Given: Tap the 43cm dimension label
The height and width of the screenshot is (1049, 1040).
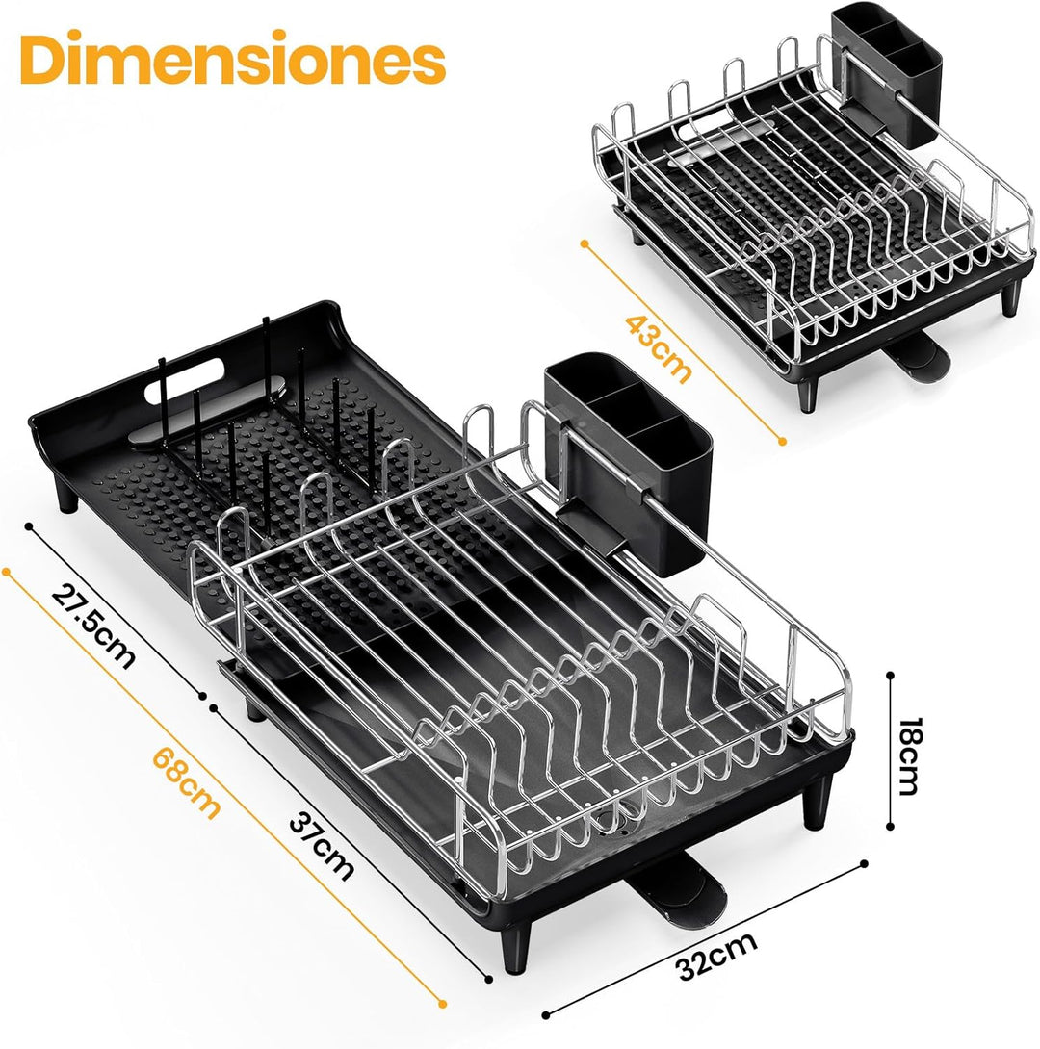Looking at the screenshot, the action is [658, 348].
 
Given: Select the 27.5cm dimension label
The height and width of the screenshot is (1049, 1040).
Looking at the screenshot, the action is [92, 626].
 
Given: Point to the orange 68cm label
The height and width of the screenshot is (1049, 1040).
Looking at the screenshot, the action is [186, 782].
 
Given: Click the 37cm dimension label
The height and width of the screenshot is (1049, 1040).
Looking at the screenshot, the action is [322, 846].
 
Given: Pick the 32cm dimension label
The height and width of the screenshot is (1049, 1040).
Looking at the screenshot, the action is [716, 956].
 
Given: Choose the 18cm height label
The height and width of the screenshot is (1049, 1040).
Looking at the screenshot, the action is [909, 756].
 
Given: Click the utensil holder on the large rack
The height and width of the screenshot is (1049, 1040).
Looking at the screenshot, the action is [628, 462].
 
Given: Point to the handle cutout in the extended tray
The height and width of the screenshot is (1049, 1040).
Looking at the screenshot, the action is [185, 381].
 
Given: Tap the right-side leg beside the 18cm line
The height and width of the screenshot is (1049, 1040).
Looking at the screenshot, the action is [818, 803].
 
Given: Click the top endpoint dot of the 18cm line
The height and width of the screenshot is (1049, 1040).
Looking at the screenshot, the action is [890, 676].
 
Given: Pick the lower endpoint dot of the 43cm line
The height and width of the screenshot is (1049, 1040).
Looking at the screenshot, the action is [782, 442].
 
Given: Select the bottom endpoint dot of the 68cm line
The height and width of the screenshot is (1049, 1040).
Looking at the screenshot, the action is [442, 1004].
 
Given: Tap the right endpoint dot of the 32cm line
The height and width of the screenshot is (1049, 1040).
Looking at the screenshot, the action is [865, 863].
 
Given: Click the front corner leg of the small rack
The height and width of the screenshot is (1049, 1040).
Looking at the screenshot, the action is [808, 395].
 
